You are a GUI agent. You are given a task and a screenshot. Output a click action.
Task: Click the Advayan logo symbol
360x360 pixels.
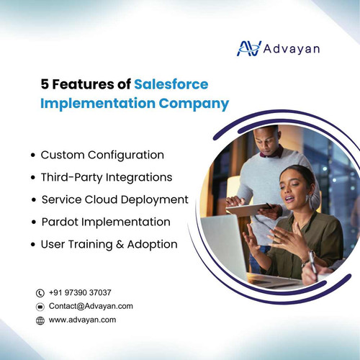[249, 48]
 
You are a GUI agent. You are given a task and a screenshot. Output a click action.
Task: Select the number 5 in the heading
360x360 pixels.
[45, 84]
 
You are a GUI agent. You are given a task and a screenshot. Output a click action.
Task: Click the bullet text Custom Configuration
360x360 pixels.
[102, 155]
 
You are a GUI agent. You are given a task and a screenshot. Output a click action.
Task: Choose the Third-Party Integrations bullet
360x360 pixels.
[106, 176]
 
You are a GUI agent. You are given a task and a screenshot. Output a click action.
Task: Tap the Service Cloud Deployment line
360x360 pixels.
[114, 199]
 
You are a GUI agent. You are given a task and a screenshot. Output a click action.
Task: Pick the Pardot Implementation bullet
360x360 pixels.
[105, 221]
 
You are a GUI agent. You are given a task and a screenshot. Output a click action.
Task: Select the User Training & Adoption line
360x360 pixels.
[109, 243]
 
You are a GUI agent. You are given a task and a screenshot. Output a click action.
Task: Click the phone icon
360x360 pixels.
[40, 293]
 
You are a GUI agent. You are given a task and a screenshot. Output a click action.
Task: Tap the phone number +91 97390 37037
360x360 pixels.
[80, 292]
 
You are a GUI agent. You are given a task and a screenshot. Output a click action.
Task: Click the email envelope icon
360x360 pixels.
[40, 306]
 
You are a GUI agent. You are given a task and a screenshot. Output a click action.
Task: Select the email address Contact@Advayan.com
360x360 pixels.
[91, 306]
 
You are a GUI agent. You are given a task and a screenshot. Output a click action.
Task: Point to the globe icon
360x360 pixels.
[40, 320]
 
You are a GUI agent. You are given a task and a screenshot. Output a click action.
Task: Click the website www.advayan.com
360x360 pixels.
[82, 319]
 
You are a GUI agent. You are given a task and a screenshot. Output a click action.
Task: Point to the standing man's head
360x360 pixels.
[267, 141]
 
